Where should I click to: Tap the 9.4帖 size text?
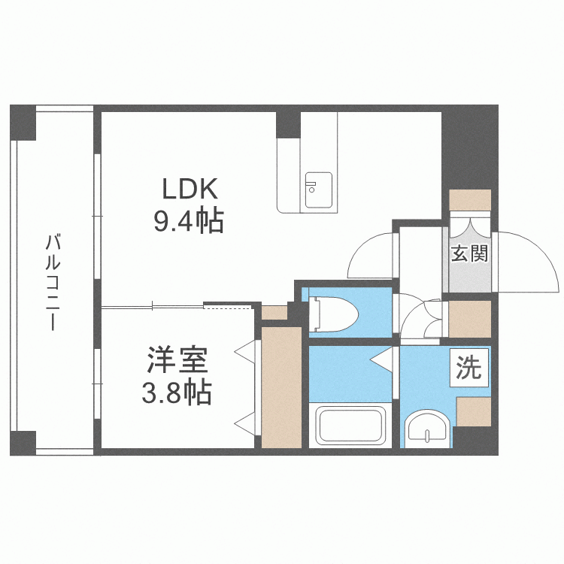(x=188, y=220)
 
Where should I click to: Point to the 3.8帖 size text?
(x=177, y=392)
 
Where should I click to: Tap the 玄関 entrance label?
(x=469, y=253)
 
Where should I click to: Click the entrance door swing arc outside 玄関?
(x=530, y=259)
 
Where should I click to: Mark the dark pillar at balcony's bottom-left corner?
(x=23, y=443)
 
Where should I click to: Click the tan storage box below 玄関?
(x=469, y=319)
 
